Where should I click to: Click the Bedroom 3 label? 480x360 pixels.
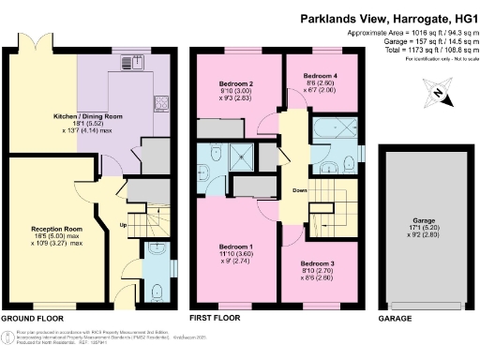click(319, 264)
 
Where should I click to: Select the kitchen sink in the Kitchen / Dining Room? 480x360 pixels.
click(132, 66)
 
